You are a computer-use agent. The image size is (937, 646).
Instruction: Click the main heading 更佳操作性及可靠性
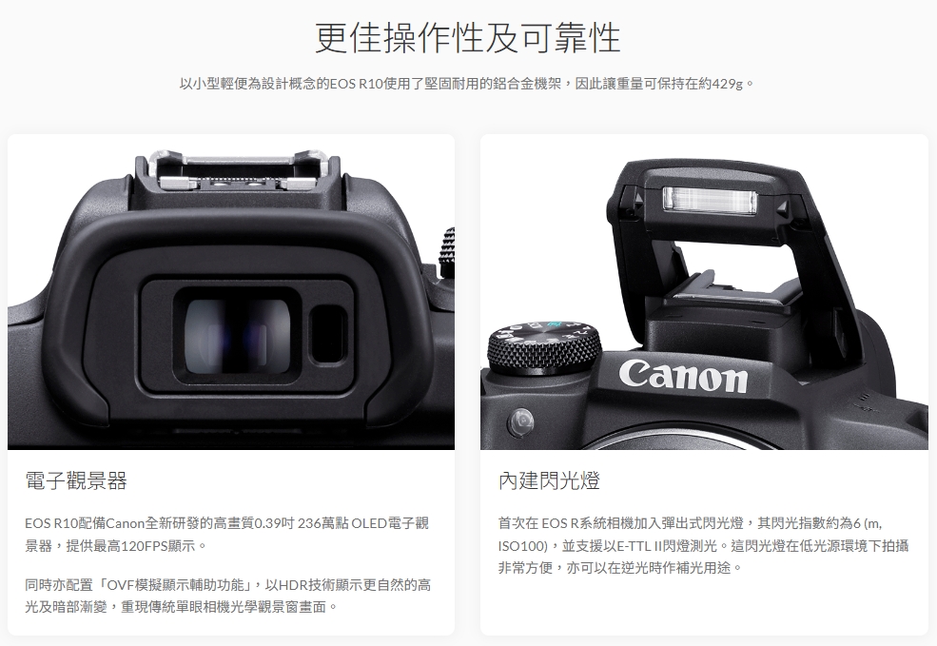(468, 38)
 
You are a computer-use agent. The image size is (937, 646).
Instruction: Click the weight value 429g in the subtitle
(728, 84)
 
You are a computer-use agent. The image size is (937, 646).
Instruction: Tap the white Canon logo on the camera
(682, 375)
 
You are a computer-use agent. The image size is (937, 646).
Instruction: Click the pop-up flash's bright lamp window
(710, 200)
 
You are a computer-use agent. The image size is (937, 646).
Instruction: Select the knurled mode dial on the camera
(544, 348)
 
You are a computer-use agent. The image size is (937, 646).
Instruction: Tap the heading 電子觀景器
(76, 480)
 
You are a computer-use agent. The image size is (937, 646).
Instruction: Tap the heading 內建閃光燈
(549, 480)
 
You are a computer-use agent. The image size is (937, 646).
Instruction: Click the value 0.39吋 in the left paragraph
(274, 523)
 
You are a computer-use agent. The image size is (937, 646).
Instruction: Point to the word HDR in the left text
(293, 585)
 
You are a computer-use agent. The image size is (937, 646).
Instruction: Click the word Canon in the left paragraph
(125, 523)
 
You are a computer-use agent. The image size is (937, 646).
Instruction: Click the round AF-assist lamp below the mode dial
(520, 421)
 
